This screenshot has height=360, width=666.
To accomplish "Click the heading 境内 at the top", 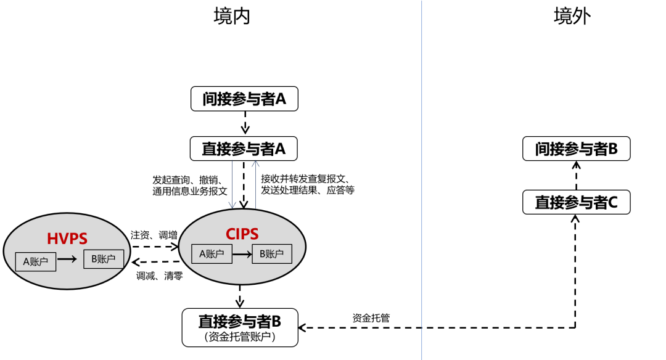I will click(232, 17).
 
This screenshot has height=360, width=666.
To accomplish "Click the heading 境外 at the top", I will click(572, 17).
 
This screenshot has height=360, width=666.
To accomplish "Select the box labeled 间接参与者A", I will click(245, 99).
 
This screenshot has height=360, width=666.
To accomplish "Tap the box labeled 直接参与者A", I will click(245, 149).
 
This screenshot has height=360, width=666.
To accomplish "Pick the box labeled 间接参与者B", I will click(576, 149).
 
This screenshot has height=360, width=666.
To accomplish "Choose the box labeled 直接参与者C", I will click(576, 202).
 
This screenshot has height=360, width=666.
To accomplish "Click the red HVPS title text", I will click(67, 238).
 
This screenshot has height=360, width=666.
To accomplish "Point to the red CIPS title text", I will click(242, 234).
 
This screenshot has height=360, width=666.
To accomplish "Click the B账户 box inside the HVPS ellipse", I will click(104, 259).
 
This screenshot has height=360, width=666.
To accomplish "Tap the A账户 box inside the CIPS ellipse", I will click(212, 254).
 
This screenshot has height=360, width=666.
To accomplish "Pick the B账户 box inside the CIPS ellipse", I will click(272, 254).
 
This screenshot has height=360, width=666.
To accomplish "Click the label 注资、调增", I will click(154, 235).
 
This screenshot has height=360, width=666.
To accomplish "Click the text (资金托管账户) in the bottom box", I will click(240, 337).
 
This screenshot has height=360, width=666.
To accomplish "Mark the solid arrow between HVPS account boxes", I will click(70, 260).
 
